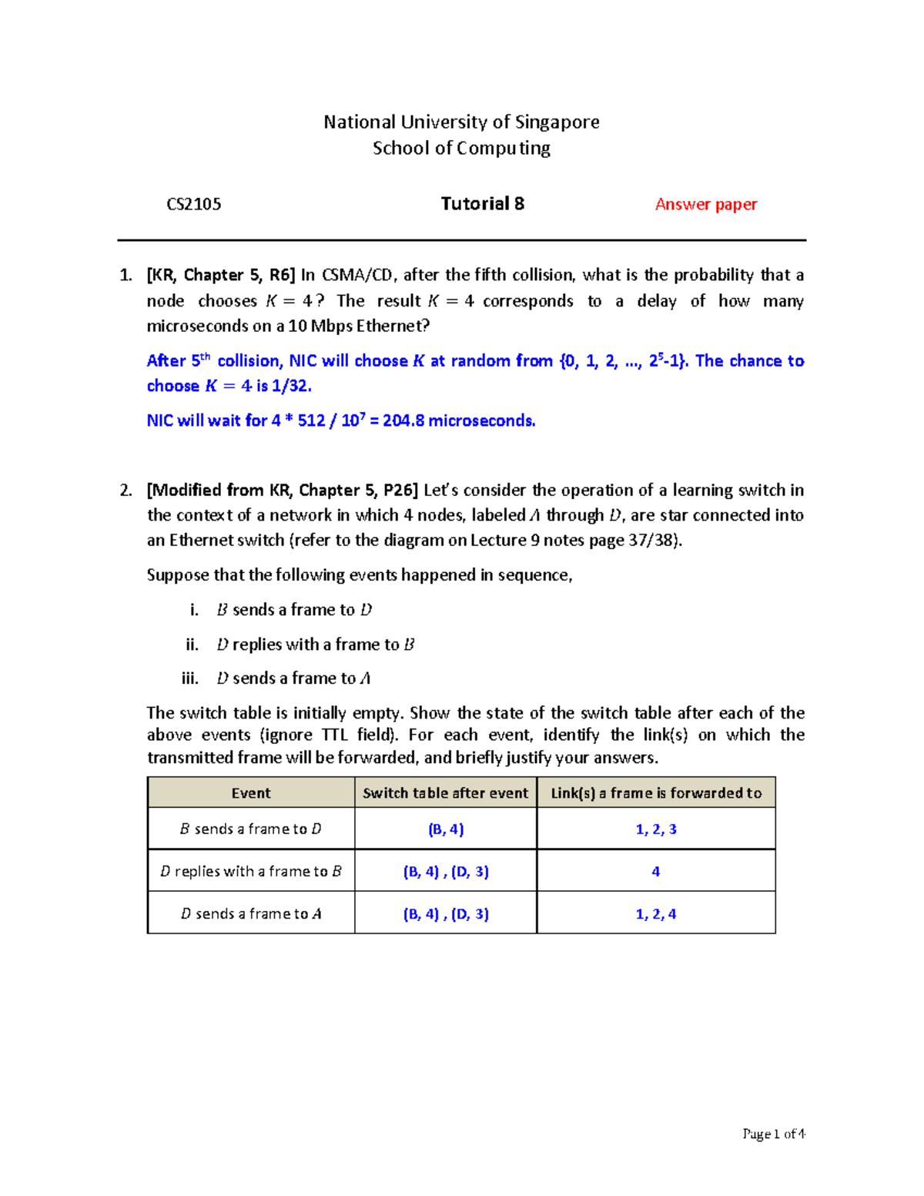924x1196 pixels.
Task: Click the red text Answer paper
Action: click(705, 204)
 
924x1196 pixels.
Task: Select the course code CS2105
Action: click(194, 204)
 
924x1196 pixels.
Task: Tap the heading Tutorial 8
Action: click(482, 203)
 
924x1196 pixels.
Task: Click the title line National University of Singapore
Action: click(461, 122)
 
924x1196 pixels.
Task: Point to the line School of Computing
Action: click(461, 148)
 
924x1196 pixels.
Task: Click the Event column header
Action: click(251, 793)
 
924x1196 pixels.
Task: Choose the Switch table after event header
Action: click(445, 793)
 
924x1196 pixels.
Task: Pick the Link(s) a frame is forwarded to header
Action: click(656, 793)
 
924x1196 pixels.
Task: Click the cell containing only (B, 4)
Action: click(446, 829)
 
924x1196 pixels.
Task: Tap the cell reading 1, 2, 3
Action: click(656, 829)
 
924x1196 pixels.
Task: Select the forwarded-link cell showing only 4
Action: click(656, 872)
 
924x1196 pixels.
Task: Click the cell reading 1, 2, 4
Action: click(656, 914)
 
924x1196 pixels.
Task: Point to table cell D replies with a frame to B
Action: click(251, 872)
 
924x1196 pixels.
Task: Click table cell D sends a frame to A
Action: click(251, 914)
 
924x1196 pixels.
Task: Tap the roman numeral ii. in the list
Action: click(192, 645)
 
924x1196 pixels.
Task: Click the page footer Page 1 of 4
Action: click(773, 1134)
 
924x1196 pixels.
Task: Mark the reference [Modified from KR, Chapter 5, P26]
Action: click(283, 491)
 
